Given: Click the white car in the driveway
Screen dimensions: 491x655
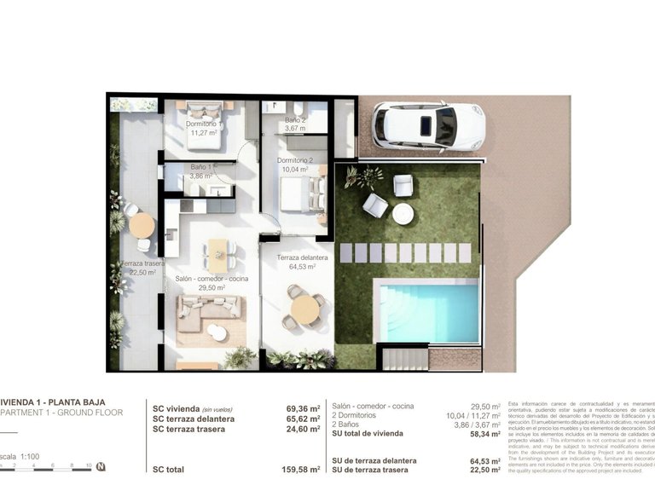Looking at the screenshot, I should tap(429, 126).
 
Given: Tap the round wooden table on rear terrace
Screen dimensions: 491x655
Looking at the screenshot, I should tap(142, 225).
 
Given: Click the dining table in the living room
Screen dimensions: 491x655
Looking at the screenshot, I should tap(218, 253).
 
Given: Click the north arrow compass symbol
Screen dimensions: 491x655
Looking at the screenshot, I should tap(101, 466).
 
